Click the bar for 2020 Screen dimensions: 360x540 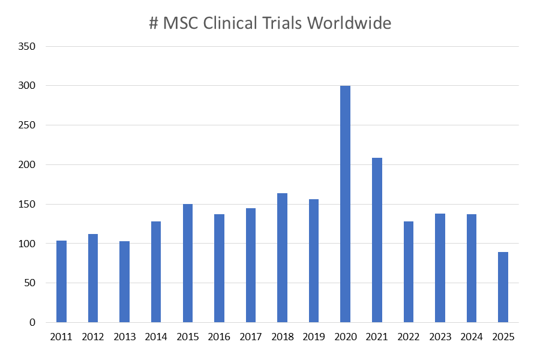tap(345, 204)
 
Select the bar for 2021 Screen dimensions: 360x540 tap(377, 240)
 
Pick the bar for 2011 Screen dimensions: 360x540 tap(61, 281)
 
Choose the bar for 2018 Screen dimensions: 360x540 tap(282, 257)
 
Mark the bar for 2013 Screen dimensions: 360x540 tap(124, 281)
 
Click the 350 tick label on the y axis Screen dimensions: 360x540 tap(28, 47)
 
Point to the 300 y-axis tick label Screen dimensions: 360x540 tap(28, 86)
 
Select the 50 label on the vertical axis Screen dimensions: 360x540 tap(30, 283)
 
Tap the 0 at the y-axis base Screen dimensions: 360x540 tap(33, 323)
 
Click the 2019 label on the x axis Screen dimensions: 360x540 tap(314, 337)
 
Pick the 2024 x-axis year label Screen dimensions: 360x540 tap(472, 337)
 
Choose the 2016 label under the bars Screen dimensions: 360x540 tap(219, 337)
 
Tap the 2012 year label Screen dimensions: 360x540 tap(93, 337)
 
